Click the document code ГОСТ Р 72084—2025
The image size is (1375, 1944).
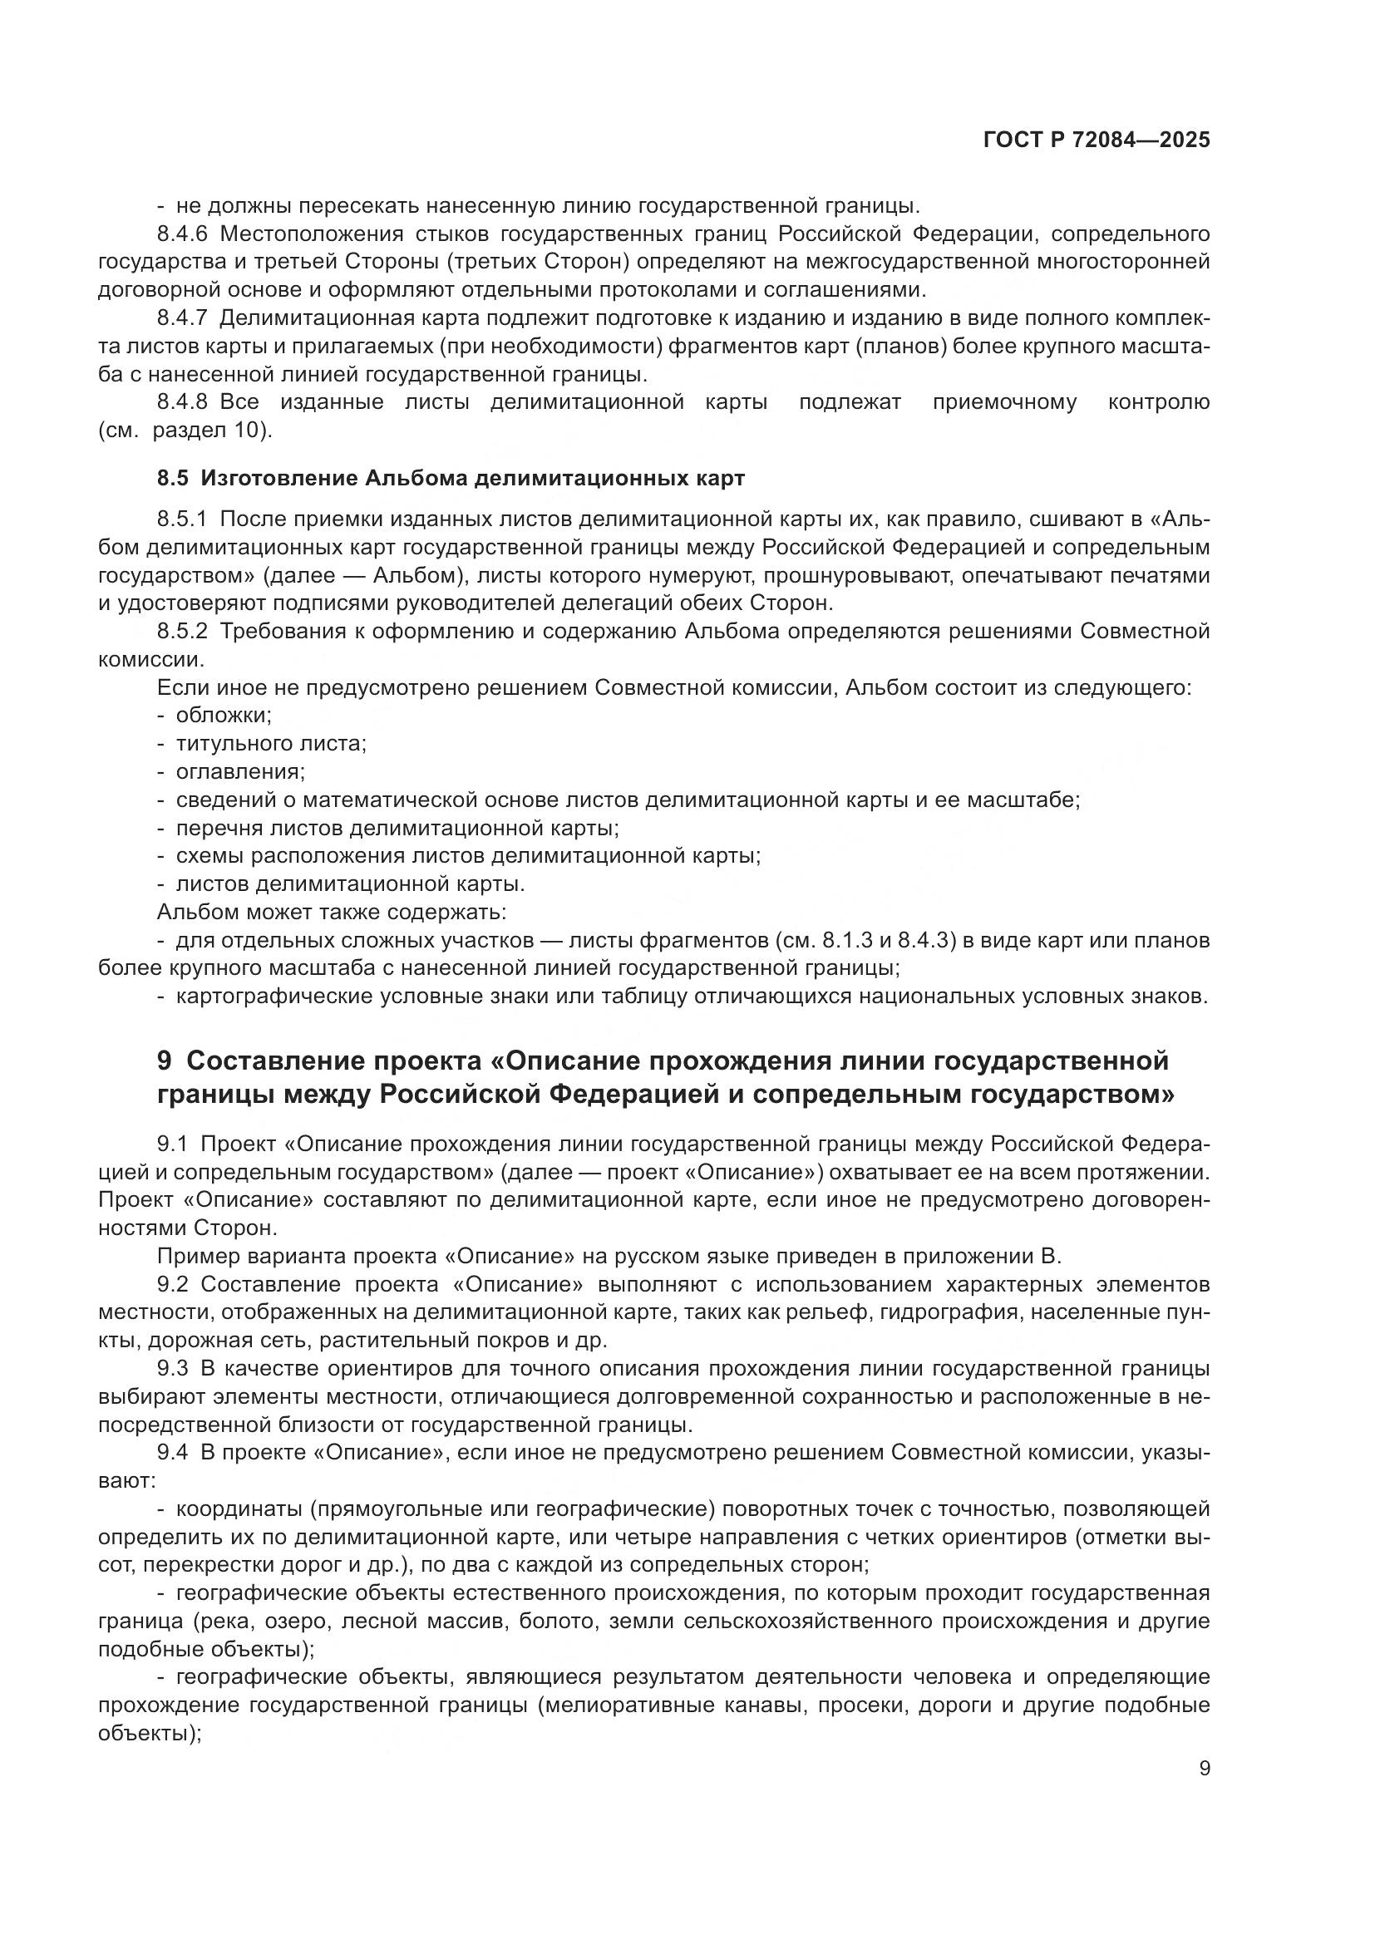coord(1097,140)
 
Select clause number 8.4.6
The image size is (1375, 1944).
coord(182,234)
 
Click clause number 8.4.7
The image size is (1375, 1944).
coord(182,318)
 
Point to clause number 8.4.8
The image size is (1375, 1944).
coord(182,402)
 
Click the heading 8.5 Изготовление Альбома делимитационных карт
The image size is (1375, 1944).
coord(451,479)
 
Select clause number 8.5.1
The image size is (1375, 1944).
coord(182,519)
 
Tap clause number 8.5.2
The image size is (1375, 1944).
coord(182,632)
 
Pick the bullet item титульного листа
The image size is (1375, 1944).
coord(270,744)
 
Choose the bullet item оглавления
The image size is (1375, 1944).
coord(239,772)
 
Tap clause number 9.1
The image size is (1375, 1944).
coord(172,1144)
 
